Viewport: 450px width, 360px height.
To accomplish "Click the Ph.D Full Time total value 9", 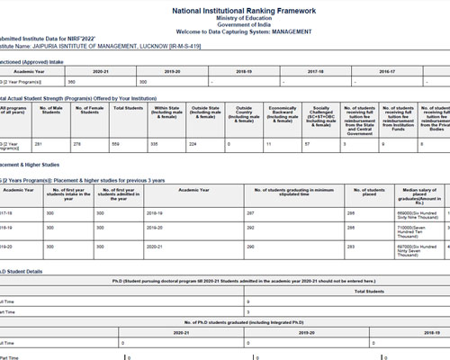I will [x=248, y=302].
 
